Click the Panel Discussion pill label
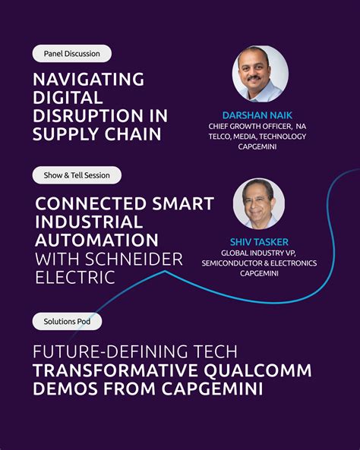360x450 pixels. (72, 54)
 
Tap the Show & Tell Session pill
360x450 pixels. (77, 175)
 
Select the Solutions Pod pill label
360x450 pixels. (67, 322)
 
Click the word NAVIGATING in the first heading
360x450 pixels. (89, 80)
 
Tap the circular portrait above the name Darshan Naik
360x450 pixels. (260, 74)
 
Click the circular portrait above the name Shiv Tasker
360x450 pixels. (259, 204)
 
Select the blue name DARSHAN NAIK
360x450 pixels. (257, 115)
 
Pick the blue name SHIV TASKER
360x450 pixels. (259, 242)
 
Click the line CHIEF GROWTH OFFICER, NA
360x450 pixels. (257, 126)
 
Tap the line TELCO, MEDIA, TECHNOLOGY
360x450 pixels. (257, 137)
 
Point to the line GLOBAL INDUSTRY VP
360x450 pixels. (258, 253)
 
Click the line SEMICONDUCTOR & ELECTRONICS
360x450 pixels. (259, 263)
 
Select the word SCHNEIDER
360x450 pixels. (134, 260)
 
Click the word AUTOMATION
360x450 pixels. (96, 241)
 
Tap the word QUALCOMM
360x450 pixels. (257, 371)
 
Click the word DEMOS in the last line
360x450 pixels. (65, 389)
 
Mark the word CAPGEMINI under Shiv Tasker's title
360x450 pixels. (259, 273)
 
